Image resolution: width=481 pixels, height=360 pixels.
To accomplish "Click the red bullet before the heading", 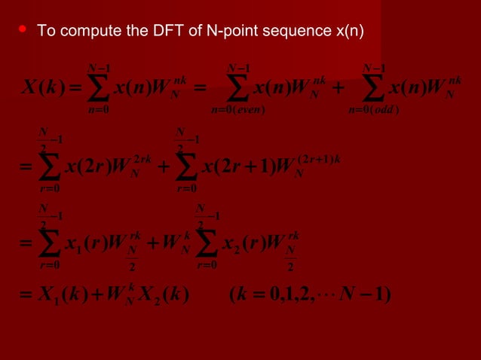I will (23, 29).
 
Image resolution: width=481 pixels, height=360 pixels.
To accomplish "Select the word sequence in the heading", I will (288, 32).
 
